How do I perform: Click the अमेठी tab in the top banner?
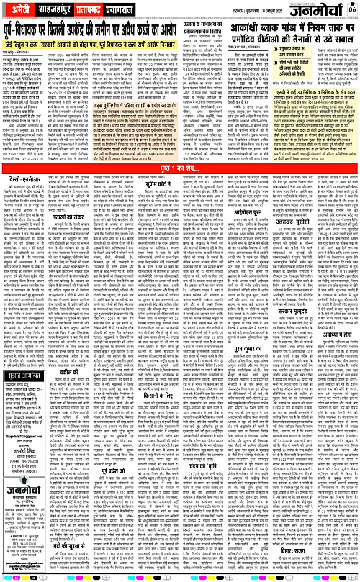tap(20, 7)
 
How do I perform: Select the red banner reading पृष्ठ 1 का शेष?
tap(179, 187)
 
